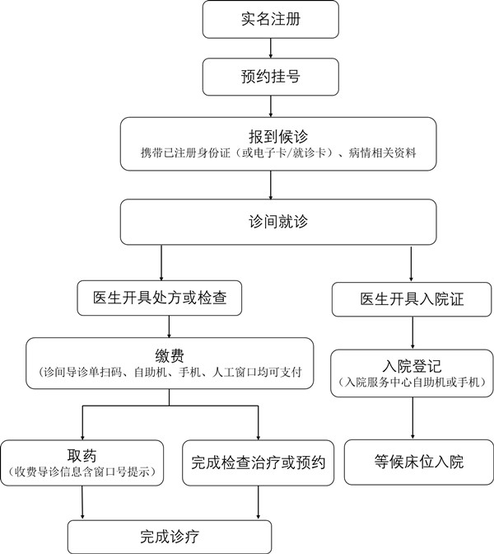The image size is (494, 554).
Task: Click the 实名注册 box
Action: click(271, 20)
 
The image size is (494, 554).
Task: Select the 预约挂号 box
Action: click(271, 77)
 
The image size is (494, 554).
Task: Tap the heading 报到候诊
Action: click(278, 136)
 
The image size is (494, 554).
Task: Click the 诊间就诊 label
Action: click(278, 222)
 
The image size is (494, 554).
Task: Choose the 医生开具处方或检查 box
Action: click(160, 298)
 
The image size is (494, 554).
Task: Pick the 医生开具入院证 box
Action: click(412, 299)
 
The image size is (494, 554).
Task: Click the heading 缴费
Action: click(170, 356)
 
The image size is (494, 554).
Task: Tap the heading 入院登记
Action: click(412, 366)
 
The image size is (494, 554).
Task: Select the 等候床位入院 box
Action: click(419, 462)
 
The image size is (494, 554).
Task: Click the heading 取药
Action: click(82, 456)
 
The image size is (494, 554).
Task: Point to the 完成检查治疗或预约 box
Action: click(258, 462)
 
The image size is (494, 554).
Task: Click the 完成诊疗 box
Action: click(170, 537)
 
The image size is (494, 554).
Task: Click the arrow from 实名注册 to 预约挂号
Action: click(271, 48)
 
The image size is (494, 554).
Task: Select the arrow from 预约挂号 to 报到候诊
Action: click(271, 106)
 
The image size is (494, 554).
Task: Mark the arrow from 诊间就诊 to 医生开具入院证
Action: click(411, 264)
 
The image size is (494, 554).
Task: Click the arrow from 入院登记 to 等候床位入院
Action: click(412, 418)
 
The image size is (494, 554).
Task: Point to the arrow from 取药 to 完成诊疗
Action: click(82, 503)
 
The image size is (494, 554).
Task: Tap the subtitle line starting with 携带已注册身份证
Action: click(278, 153)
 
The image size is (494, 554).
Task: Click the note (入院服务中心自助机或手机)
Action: click(412, 382)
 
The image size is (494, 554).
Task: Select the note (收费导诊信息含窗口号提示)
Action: click(82, 472)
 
